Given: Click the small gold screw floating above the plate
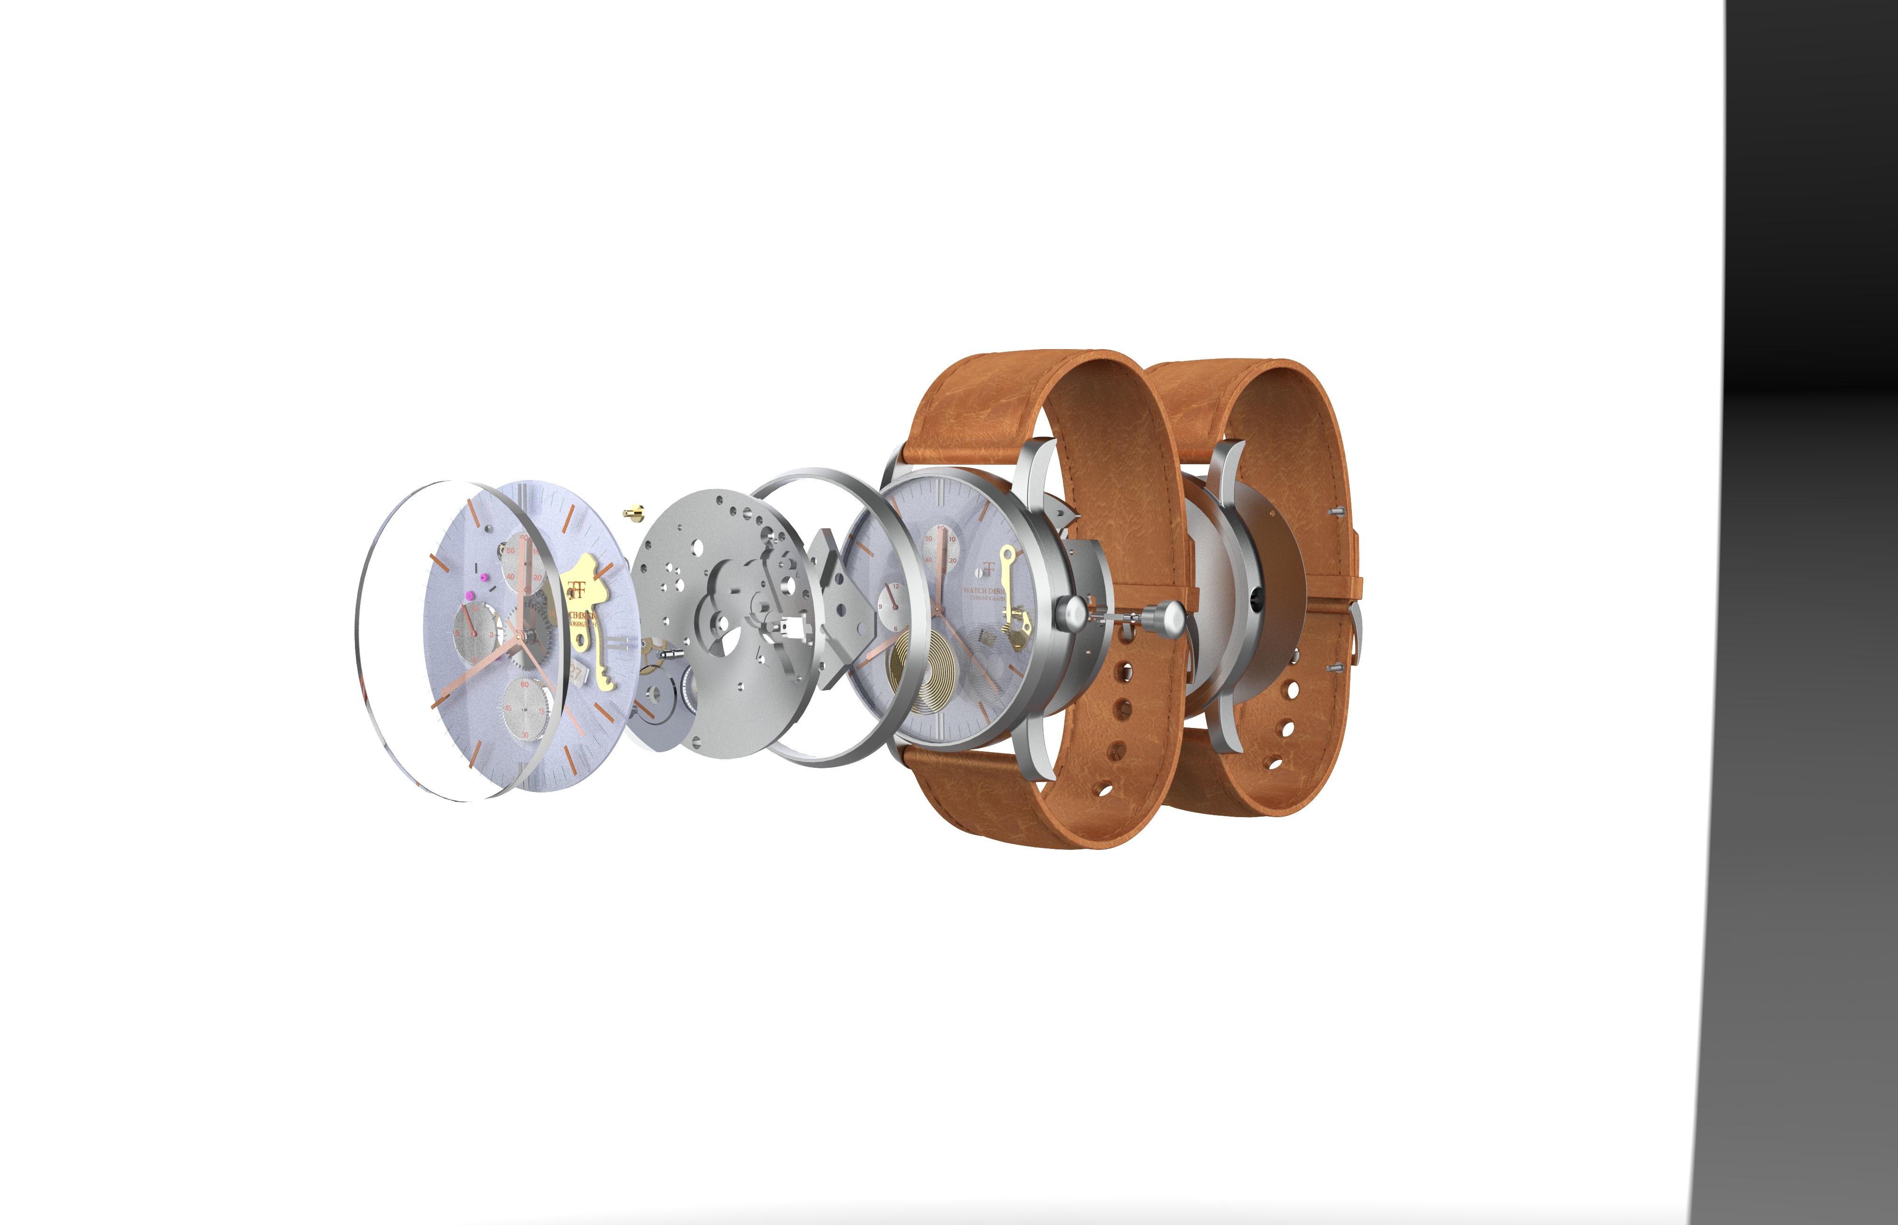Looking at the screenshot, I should point(633,511).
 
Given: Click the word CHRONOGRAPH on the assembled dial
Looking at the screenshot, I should point(987,598).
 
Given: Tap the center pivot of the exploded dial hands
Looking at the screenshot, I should point(519,634).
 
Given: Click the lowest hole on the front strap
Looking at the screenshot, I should point(1103,791).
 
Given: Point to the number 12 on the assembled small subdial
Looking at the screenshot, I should point(895,586).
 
